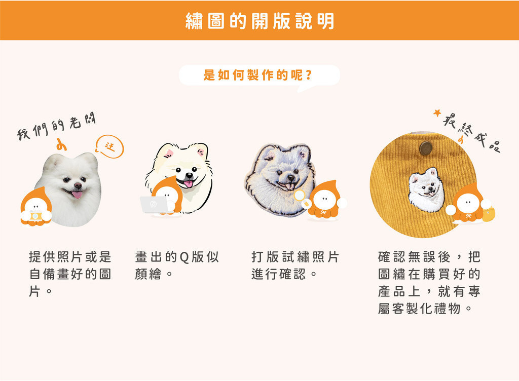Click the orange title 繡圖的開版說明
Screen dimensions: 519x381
[x=259, y=21]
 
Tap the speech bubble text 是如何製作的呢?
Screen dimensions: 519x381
[x=257, y=75]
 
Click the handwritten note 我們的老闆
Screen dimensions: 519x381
[x=56, y=126]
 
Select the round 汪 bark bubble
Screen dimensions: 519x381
[x=109, y=146]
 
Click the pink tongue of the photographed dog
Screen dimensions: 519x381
[x=77, y=195]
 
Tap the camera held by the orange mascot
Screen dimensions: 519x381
[x=36, y=216]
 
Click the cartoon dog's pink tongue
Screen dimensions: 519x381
[x=189, y=183]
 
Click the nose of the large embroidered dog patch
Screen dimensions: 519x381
[x=290, y=178]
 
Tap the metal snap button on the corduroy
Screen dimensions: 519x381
[x=426, y=148]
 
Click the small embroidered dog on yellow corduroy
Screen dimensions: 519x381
[x=426, y=189]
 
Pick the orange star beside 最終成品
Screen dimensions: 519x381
[x=437, y=113]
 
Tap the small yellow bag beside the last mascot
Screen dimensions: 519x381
[x=489, y=214]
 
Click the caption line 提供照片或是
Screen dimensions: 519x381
[x=70, y=257]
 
